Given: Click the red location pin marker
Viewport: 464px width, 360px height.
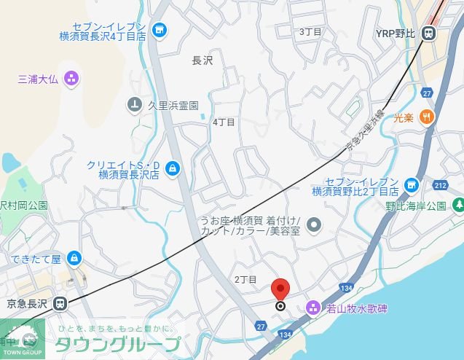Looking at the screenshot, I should [280, 289].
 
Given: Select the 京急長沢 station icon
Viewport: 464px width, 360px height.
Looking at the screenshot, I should [60, 303].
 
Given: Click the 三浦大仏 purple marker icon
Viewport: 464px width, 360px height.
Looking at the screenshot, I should [71, 78].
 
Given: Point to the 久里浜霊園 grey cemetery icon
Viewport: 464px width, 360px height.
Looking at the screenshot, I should [134, 105].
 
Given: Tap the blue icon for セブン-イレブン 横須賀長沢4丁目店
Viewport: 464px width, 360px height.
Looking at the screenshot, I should [160, 30].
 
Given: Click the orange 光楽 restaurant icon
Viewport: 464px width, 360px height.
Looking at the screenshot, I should [427, 116].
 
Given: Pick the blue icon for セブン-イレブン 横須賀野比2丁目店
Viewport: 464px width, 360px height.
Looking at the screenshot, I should [412, 186].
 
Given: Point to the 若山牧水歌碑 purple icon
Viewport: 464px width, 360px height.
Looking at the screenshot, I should [312, 308].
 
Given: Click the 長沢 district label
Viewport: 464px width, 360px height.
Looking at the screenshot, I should [202, 61].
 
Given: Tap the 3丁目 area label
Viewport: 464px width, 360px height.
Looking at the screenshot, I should [310, 32].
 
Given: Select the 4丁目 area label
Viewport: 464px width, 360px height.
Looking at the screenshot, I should [224, 122].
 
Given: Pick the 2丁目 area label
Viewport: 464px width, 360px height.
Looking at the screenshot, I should [245, 280].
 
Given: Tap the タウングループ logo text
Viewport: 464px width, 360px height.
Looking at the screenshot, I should [117, 345].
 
